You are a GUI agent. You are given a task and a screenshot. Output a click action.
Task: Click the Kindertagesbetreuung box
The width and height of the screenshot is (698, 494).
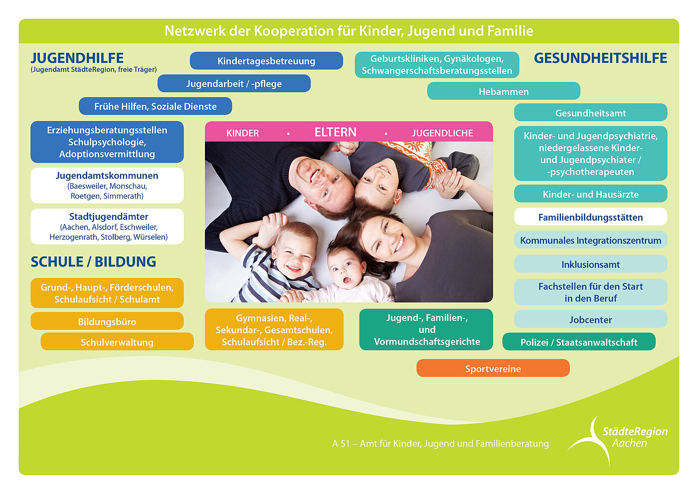click(x=266, y=61)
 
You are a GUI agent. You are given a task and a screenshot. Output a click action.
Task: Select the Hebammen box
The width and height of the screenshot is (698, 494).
click(x=504, y=91)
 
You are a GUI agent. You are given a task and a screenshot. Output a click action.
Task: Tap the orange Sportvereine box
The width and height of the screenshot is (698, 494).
click(x=493, y=368)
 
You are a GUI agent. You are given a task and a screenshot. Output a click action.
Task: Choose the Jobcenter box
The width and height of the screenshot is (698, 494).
click(x=590, y=319)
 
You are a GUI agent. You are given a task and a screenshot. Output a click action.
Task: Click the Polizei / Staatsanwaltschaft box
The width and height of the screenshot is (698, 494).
click(x=578, y=342)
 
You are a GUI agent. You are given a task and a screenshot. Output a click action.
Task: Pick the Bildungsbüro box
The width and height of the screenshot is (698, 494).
click(x=107, y=321)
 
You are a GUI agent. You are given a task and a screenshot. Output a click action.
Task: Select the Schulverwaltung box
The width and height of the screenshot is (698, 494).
click(x=117, y=342)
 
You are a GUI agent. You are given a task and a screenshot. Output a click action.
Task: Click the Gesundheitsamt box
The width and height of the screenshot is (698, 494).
click(x=590, y=113)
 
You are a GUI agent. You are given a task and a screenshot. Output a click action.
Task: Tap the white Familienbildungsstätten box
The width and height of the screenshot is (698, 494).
click(x=590, y=217)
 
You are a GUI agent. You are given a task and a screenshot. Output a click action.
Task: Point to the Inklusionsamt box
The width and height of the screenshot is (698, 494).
click(x=590, y=264)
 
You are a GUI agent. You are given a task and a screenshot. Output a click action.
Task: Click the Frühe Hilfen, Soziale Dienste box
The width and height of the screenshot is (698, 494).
click(x=155, y=106)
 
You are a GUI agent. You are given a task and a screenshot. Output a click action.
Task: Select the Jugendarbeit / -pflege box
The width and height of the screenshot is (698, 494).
click(x=234, y=84)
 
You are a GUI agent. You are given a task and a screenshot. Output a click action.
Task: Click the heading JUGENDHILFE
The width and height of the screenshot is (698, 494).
click(x=77, y=58)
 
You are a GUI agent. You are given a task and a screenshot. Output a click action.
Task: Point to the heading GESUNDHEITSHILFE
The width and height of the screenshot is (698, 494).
click(x=600, y=58)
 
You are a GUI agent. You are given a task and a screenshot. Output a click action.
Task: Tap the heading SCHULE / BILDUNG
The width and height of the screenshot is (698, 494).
click(x=93, y=261)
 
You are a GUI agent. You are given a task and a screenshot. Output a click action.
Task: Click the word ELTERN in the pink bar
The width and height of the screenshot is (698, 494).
click(x=335, y=132)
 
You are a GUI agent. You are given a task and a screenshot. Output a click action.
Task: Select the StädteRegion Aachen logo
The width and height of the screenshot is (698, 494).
click(x=618, y=439)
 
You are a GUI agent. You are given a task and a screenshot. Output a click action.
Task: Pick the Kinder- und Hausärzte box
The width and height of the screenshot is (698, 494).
click(x=590, y=194)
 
